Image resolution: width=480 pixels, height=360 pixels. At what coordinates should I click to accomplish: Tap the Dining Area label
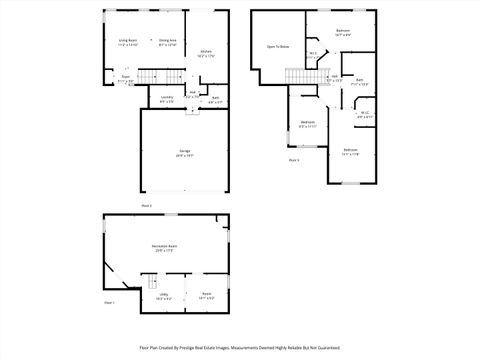click(167, 41)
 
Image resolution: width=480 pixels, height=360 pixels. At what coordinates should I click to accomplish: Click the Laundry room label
click(166, 98)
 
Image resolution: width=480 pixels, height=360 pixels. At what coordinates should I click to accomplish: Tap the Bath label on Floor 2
click(215, 97)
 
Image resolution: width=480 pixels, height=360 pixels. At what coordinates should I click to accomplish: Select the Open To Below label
click(278, 46)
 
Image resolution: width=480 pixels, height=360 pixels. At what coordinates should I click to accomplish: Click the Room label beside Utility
click(205, 294)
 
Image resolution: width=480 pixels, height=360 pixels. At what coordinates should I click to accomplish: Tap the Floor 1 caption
click(110, 302)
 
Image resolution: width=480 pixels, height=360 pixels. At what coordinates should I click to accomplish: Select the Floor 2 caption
click(147, 205)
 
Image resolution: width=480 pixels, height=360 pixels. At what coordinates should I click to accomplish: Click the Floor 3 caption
click(294, 160)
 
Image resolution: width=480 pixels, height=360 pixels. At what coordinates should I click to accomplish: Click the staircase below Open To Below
click(297, 77)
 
